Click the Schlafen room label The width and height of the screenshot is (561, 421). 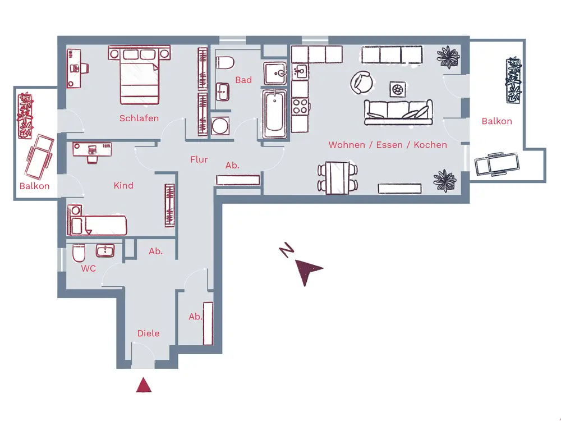pyautogui.click(x=139, y=118)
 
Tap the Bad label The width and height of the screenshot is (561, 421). pyautogui.click(x=243, y=80)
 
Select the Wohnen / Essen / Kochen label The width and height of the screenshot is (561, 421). pyautogui.click(x=388, y=145)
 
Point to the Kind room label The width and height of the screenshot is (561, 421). pyautogui.click(x=123, y=185)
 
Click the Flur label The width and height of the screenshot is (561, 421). pyautogui.click(x=199, y=159)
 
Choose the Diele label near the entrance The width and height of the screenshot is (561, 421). pyautogui.click(x=148, y=333)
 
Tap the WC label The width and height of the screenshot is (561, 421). pyautogui.click(x=88, y=269)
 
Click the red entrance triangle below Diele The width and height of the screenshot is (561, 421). pyautogui.click(x=144, y=385)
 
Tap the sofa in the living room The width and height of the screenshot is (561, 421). pyautogui.click(x=398, y=112)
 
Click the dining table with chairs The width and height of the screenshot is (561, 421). pyautogui.click(x=338, y=177)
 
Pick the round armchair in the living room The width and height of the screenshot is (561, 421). pyautogui.click(x=361, y=83)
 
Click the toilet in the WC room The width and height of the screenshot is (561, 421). pyautogui.click(x=79, y=256)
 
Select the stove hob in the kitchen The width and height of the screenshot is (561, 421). pyautogui.click(x=300, y=106)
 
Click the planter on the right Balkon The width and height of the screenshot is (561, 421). pyautogui.click(x=513, y=80)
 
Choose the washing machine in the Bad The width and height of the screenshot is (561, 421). pyautogui.click(x=221, y=125)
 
